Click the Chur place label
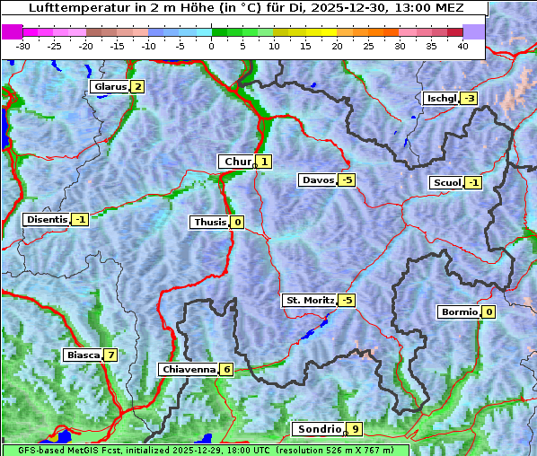(237, 162)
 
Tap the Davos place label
(317, 180)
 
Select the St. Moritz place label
(309, 300)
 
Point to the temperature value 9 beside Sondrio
(356, 429)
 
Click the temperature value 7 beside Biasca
(110, 355)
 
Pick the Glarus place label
(110, 87)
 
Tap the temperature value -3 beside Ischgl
(469, 98)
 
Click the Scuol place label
(446, 183)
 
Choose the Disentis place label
(47, 219)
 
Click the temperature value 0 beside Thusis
(237, 222)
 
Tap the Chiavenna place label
(188, 369)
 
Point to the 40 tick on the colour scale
(462, 46)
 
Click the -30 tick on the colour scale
(23, 46)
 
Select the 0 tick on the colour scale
(212, 46)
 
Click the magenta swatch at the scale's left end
(13, 31)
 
